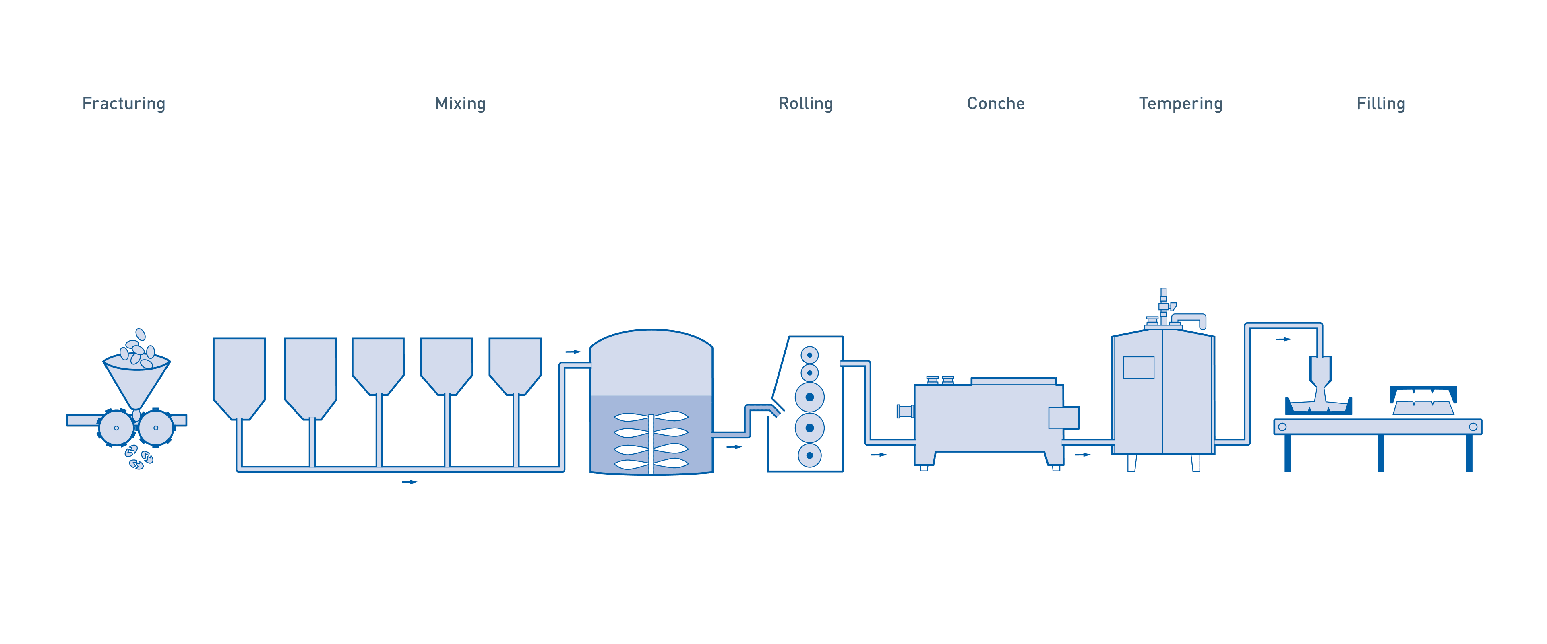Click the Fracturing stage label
124,104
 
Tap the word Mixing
460,104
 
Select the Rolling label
805,104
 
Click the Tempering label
1181,104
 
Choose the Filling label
1381,104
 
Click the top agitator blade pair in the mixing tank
651,417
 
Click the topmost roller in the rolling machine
809,355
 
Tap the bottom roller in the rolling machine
809,455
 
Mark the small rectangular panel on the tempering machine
1139,367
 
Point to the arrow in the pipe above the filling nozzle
1283,340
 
